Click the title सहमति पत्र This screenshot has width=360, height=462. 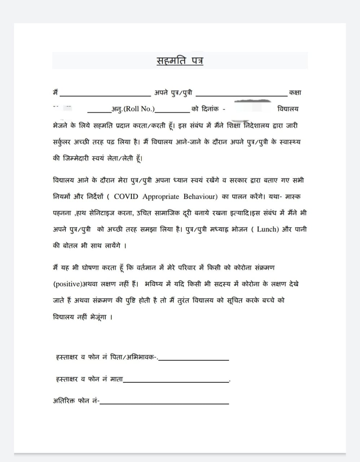[180, 60]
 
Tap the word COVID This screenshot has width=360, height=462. [126, 197]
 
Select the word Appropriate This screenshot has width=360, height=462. [161, 197]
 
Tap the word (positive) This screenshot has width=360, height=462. [67, 284]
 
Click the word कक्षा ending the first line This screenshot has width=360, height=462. [295, 93]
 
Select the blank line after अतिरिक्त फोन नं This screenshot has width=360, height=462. [164, 403]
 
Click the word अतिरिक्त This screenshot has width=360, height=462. [64, 401]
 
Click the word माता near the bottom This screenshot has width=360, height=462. [116, 379]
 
